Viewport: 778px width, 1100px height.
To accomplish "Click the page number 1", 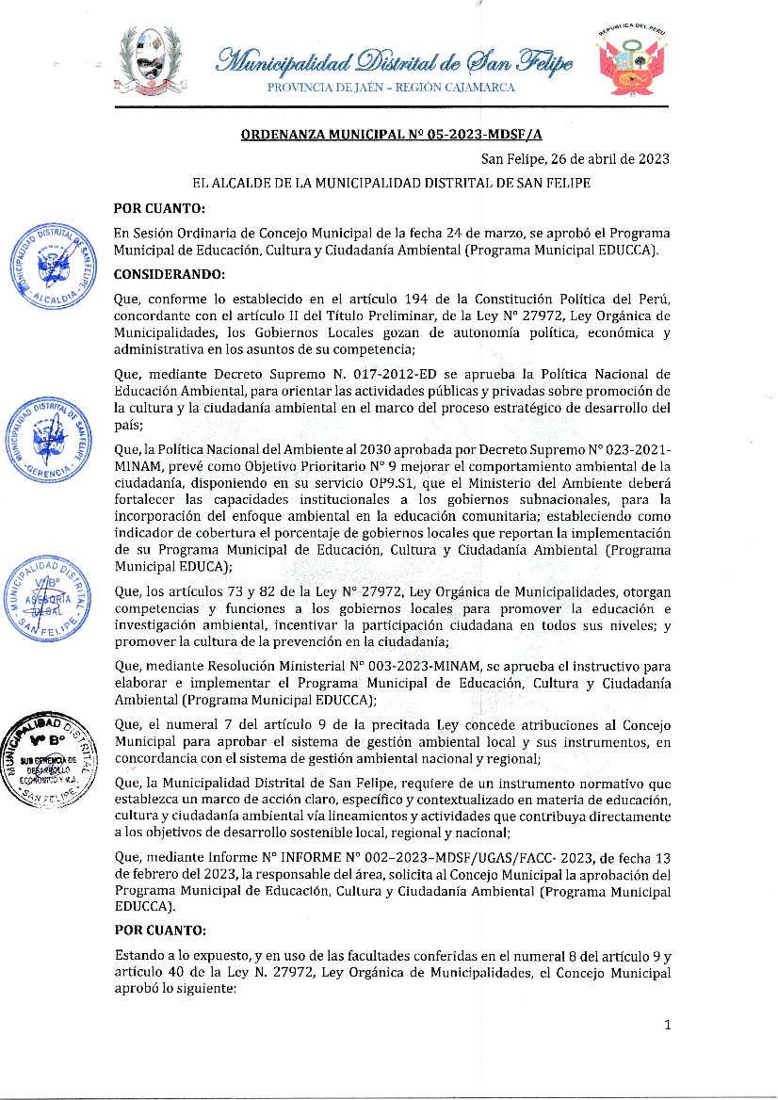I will pos(667,1026).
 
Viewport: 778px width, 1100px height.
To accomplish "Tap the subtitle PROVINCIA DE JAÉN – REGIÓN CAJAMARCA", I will pos(391,88).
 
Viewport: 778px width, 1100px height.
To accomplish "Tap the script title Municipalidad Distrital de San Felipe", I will pos(394,62).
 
